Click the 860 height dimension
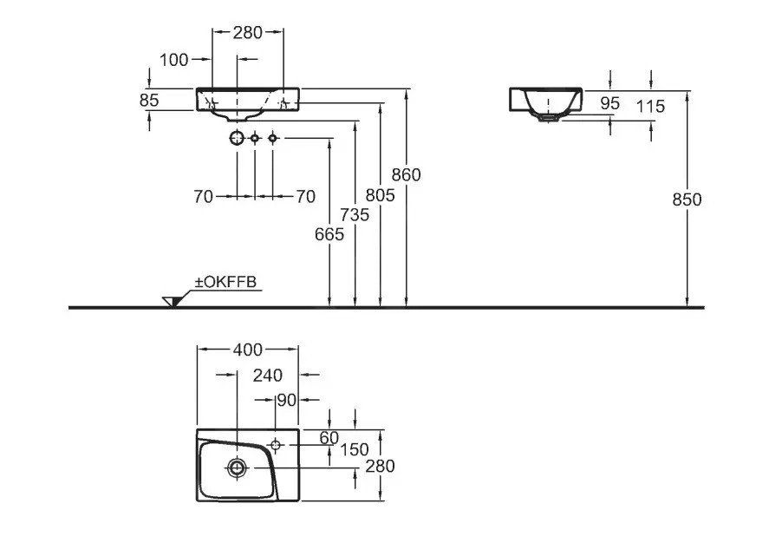click(406, 174)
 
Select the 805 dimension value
click(380, 195)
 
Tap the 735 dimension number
click(355, 214)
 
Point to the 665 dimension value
click(329, 233)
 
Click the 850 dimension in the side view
click(687, 199)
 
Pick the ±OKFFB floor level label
click(228, 282)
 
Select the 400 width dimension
click(247, 350)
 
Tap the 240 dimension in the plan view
click(267, 375)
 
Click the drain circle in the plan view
click(236, 468)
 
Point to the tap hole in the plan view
click(276, 446)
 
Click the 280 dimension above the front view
click(248, 33)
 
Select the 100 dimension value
click(174, 59)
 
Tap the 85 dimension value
click(149, 100)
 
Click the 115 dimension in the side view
click(649, 106)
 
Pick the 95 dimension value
click(610, 102)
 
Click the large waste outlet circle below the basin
click(237, 138)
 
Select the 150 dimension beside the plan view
click(354, 449)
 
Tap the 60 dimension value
click(329, 438)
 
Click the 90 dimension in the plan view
click(287, 400)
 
